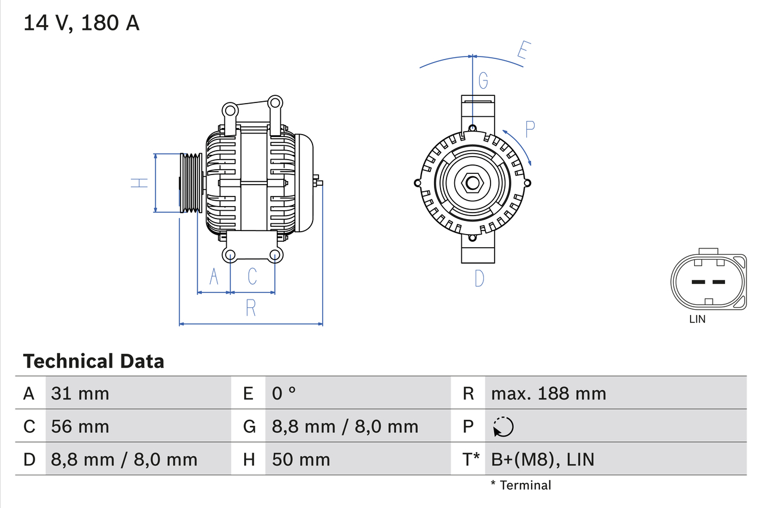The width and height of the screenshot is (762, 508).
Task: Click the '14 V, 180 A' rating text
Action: click(x=82, y=23)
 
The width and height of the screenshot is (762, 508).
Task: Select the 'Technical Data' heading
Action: click(x=93, y=361)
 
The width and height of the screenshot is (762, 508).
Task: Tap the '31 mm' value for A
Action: click(x=80, y=393)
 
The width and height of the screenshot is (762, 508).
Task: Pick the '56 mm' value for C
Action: click(x=80, y=426)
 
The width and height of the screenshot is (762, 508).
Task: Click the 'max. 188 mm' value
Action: click(x=548, y=393)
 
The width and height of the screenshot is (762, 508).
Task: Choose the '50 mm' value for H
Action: click(x=301, y=459)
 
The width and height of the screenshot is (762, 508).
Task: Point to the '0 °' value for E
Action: click(x=284, y=393)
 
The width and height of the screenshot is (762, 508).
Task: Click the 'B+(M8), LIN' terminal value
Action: click(x=542, y=459)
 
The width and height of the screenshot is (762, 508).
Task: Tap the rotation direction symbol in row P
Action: click(x=503, y=426)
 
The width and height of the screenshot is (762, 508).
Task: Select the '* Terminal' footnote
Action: click(x=521, y=485)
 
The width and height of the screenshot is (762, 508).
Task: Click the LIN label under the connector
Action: click(x=697, y=319)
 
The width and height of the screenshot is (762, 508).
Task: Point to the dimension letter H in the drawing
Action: click(x=139, y=183)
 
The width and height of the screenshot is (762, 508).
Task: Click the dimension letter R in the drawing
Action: click(x=251, y=308)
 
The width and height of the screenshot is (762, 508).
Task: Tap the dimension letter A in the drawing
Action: click(x=214, y=276)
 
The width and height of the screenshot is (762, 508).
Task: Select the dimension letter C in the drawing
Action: click(x=252, y=276)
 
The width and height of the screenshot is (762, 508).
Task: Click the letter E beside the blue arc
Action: click(x=522, y=51)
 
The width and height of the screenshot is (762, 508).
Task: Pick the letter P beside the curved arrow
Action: click(x=530, y=129)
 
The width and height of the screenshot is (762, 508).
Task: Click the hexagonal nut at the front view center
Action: click(x=472, y=183)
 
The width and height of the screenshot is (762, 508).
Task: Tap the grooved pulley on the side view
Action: click(x=191, y=183)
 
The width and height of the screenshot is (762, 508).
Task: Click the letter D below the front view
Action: click(x=479, y=278)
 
